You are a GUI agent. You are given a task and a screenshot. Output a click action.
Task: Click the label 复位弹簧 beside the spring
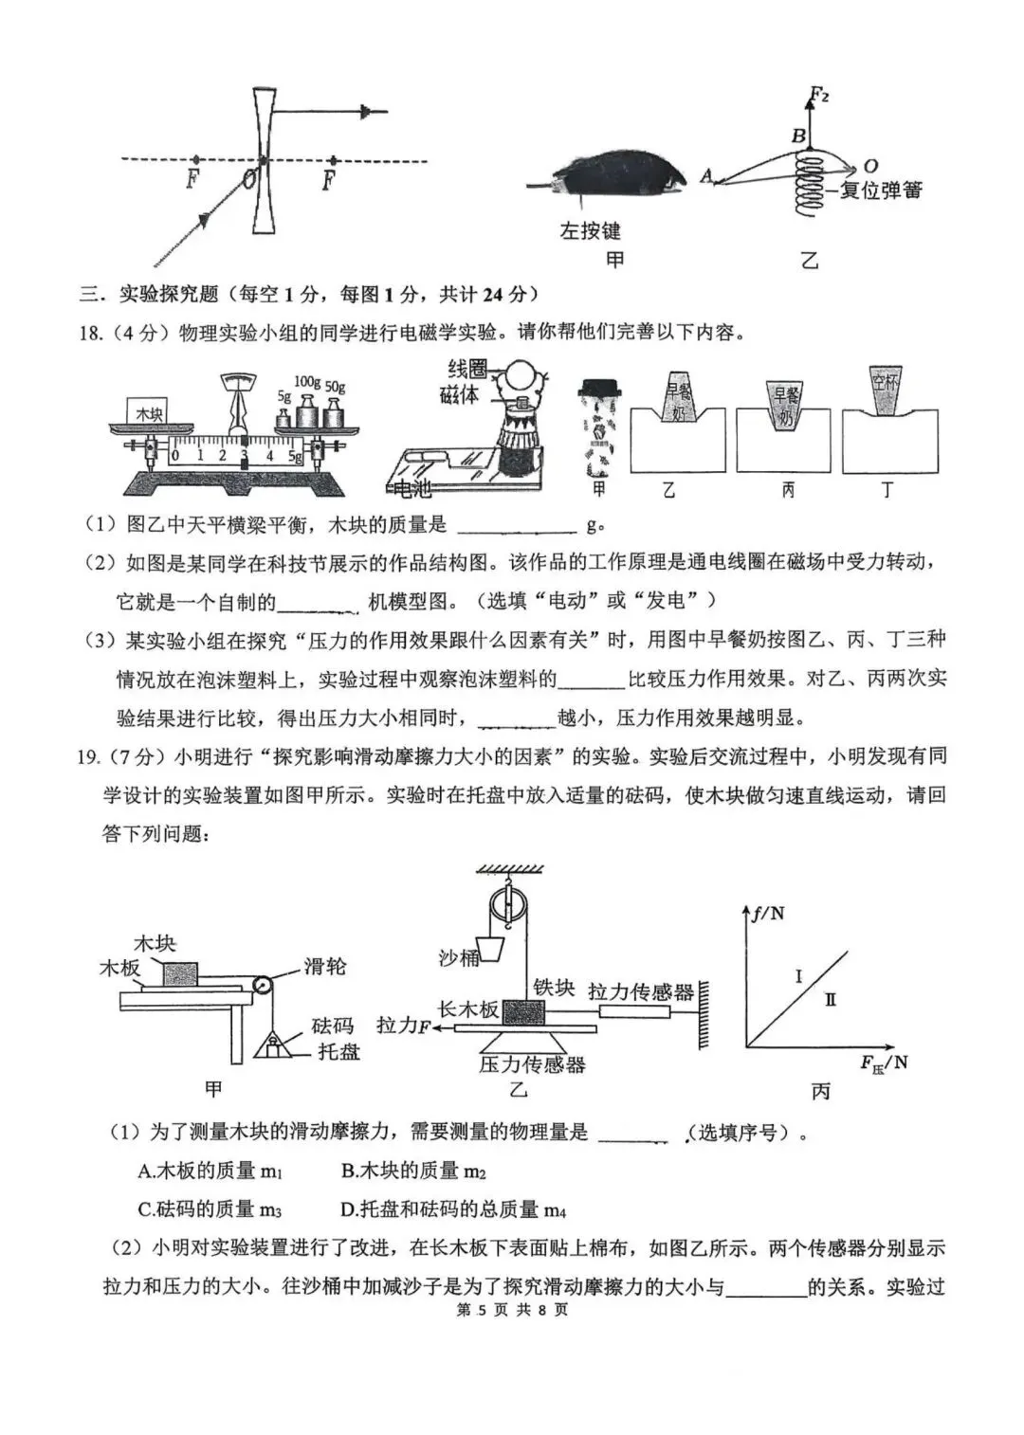880,191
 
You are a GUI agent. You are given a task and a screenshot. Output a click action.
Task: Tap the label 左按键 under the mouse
590,230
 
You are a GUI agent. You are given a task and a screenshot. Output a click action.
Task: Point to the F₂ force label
819,95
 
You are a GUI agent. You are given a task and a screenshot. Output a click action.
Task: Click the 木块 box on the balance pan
150,414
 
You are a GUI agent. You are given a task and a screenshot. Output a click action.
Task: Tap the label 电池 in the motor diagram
410,489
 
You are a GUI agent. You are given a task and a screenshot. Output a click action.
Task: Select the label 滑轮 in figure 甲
325,966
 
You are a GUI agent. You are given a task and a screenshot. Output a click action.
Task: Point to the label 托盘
338,1051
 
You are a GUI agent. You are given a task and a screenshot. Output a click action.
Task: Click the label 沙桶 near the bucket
458,957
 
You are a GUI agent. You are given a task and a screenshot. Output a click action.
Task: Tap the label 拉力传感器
641,991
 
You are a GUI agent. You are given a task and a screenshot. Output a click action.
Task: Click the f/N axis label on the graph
767,914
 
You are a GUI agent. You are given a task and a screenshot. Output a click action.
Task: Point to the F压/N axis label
884,1063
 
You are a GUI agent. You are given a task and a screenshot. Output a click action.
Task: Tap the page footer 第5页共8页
512,1310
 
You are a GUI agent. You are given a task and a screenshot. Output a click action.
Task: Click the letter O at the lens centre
248,178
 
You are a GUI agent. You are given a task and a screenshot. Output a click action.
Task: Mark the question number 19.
88,756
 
